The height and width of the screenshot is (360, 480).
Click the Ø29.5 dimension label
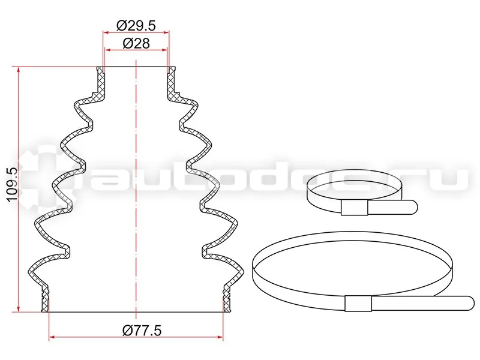[x=136, y=25]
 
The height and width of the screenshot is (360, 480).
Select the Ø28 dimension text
[x=136, y=43]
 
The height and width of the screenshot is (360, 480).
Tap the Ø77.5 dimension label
[x=142, y=331]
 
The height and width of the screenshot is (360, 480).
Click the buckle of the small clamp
[x=354, y=209]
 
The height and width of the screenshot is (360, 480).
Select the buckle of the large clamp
[x=358, y=304]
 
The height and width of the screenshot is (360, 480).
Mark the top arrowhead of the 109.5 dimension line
[x=19, y=70]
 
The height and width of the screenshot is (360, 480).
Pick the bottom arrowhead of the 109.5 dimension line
[x=19, y=308]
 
